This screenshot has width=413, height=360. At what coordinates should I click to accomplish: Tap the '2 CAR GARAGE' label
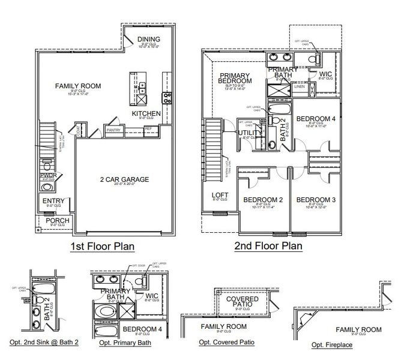tap(124, 179)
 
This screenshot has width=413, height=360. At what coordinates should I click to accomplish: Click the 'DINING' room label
tap(148, 40)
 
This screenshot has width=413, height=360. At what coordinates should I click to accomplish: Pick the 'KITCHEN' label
tap(146, 113)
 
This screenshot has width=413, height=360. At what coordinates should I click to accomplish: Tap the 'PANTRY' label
tap(113, 130)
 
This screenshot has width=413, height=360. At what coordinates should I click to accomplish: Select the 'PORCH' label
tap(57, 220)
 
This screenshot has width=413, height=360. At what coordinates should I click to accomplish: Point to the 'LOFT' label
tap(220, 196)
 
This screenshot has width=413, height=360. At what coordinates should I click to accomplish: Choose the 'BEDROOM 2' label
tap(262, 200)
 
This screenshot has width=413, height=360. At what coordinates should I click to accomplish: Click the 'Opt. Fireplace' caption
tap(332, 345)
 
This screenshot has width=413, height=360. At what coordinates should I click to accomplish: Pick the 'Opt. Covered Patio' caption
tap(227, 343)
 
